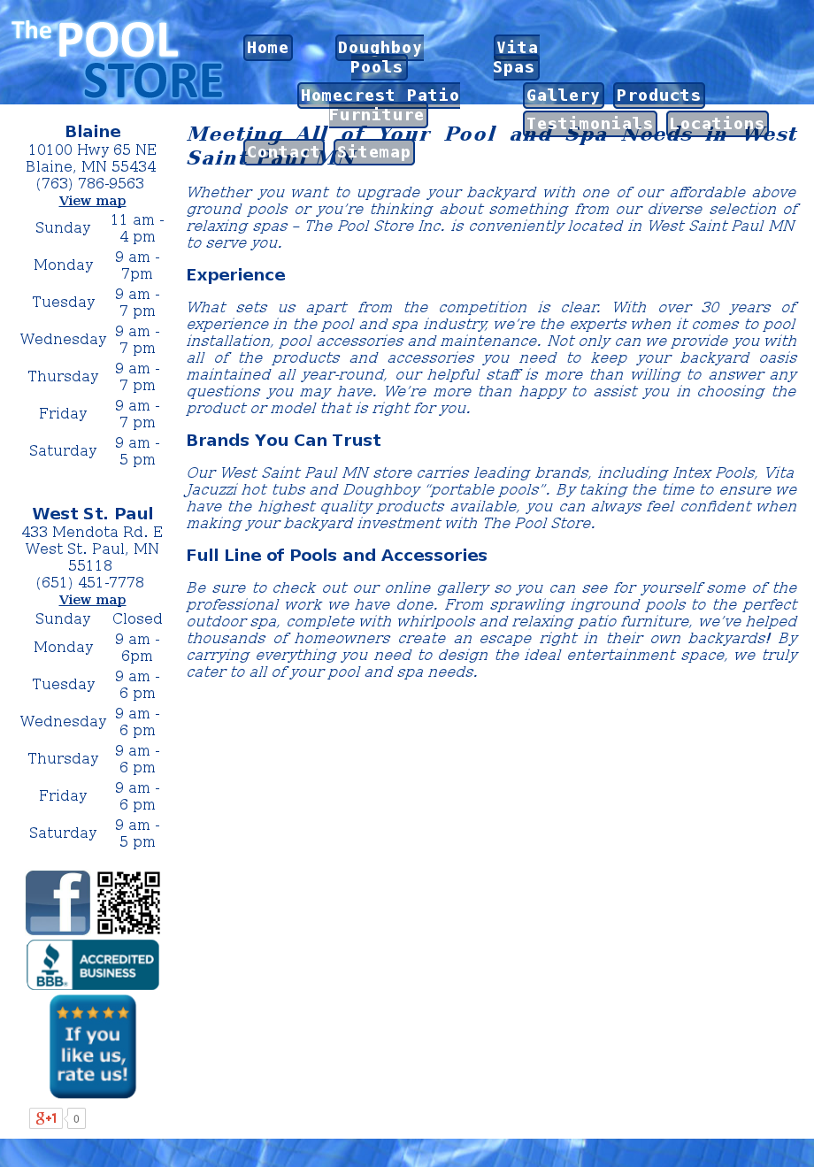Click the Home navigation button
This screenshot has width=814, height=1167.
click(x=268, y=48)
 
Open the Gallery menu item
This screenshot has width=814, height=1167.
click(x=564, y=96)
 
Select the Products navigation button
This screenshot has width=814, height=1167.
click(x=659, y=96)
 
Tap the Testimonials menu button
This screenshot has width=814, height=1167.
click(x=589, y=124)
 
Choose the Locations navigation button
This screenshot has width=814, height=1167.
click(x=717, y=124)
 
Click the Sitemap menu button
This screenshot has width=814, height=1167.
click(x=374, y=152)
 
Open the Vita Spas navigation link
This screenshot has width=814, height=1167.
click(x=516, y=58)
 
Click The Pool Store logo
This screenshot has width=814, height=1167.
click(x=118, y=59)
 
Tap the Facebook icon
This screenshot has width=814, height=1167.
click(x=58, y=902)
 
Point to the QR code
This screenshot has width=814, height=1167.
click(x=128, y=902)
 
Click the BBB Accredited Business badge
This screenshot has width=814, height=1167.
click(x=93, y=964)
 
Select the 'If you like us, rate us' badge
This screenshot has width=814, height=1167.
click(x=93, y=1047)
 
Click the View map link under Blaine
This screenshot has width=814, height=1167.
click(x=93, y=201)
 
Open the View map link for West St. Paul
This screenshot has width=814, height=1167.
click(x=93, y=600)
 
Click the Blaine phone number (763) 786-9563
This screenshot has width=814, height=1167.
click(x=90, y=184)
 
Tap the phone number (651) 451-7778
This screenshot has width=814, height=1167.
click(x=90, y=582)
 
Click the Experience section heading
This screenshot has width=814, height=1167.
click(x=236, y=275)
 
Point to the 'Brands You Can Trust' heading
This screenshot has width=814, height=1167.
click(x=284, y=441)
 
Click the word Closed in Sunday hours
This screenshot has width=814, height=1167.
click(x=137, y=618)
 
